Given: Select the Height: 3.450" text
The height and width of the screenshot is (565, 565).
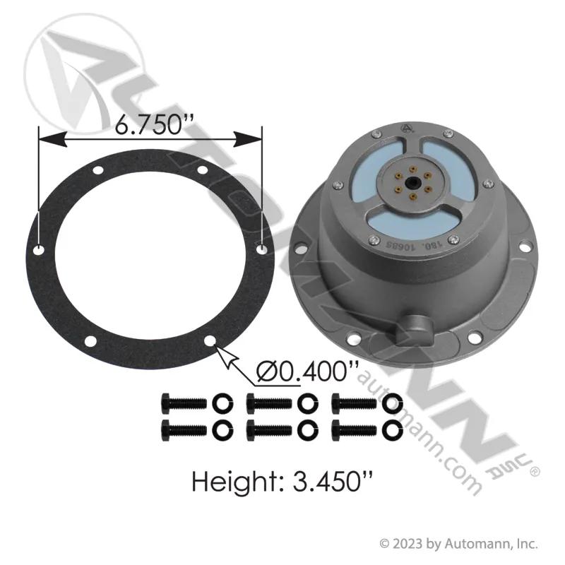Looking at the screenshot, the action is [282, 481].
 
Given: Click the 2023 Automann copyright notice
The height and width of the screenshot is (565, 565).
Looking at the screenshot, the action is [459, 544].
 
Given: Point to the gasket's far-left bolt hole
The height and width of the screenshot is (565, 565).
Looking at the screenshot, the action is [38, 250].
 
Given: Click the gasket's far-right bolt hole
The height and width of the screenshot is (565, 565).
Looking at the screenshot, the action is [261, 249].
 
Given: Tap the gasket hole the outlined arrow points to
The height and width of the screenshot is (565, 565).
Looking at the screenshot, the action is [210, 341].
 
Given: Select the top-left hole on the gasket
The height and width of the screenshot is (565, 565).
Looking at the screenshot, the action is [97, 170].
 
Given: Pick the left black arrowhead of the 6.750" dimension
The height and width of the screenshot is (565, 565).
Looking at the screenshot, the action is [52, 138].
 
